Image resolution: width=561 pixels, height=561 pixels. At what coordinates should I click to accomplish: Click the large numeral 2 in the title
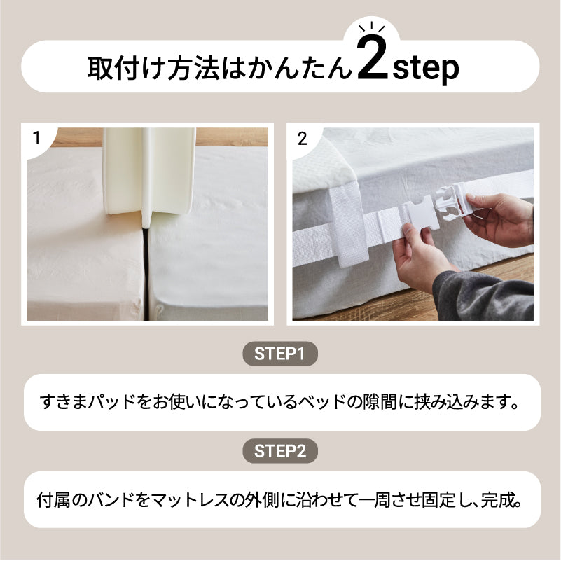pos(373,58)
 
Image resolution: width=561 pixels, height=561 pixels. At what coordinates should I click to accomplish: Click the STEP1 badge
pos(280,354)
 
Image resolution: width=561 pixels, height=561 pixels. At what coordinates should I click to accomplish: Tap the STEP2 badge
pos(280,451)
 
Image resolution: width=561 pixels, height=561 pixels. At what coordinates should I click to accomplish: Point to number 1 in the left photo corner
pos(36,138)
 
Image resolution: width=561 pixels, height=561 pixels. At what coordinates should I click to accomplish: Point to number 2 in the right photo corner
pos(303,139)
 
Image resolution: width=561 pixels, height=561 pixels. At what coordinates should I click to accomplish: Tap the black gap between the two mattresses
pos(146,272)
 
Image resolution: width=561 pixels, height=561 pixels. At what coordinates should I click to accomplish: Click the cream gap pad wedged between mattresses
pos(150,172)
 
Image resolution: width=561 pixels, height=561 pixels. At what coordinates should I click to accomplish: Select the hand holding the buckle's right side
pos(500,219)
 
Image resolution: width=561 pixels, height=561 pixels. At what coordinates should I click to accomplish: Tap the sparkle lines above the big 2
pos(372,27)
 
